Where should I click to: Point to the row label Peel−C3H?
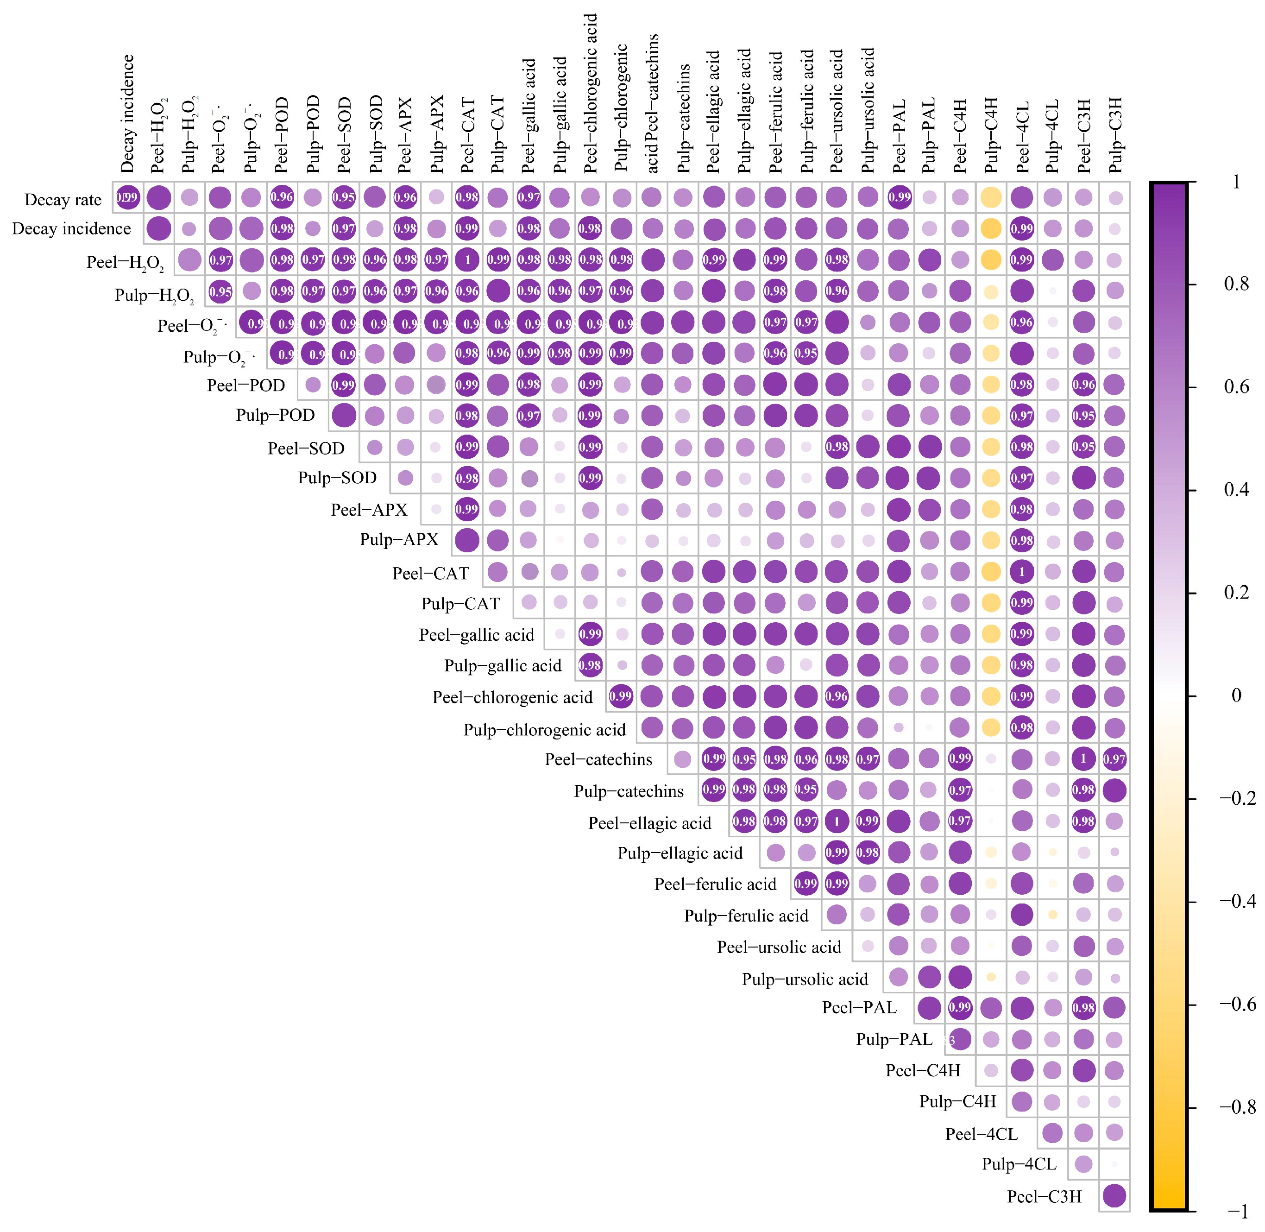[x=1044, y=1196]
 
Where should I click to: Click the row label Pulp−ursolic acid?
[x=805, y=979]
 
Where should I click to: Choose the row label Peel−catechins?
[x=598, y=759]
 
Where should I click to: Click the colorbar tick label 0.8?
[x=1236, y=284]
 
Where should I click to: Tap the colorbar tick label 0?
[x=1236, y=695]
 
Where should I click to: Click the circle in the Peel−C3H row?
[x=1114, y=1196]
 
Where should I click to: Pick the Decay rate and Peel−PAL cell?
[x=899, y=197]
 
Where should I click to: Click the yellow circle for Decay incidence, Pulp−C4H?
[x=991, y=228]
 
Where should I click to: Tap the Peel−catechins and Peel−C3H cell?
[x=1083, y=758]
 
